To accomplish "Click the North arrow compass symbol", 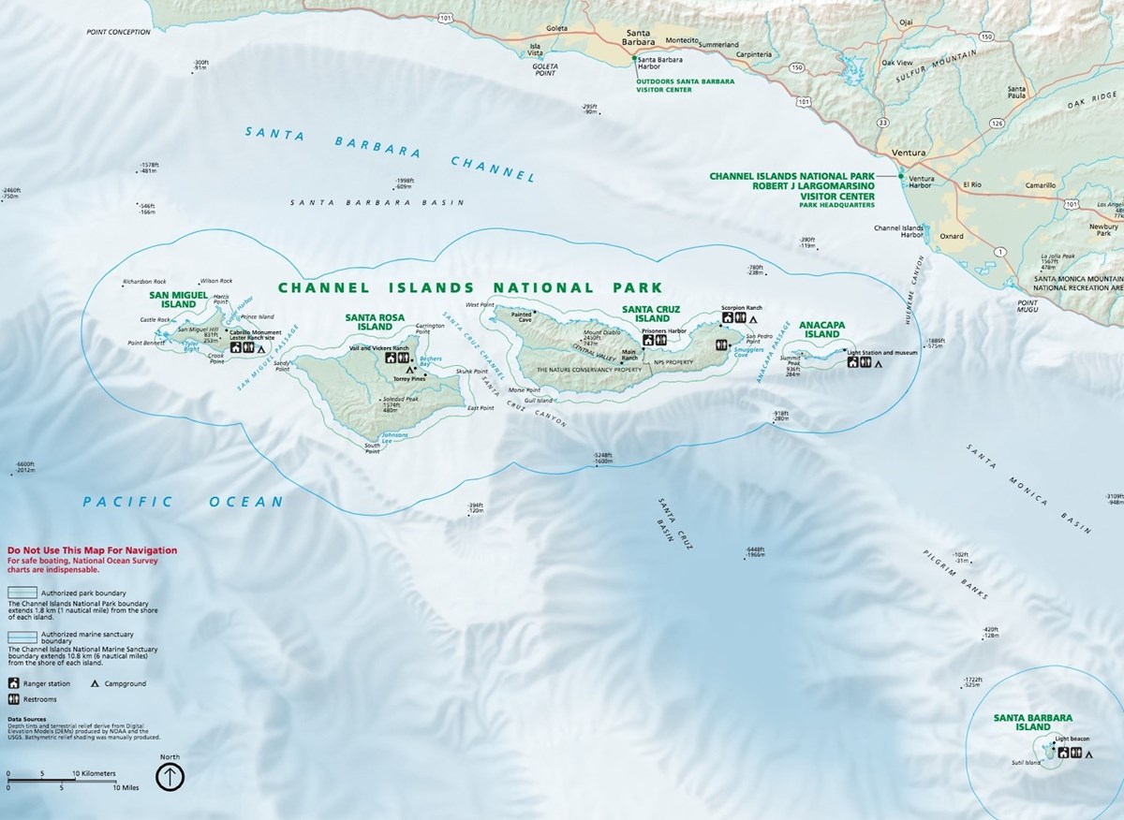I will click(x=170, y=776).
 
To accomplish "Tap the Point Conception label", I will click(x=118, y=32).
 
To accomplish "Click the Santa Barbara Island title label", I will click(x=1032, y=722).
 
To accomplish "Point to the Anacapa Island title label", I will click(x=822, y=329).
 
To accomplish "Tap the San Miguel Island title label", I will click(x=172, y=299).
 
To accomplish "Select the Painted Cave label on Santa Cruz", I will click(x=522, y=317).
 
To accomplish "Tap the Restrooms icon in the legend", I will click(x=15, y=699).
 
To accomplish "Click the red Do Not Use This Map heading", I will click(x=91, y=551).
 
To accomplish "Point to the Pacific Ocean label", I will click(x=183, y=502).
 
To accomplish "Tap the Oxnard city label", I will click(x=952, y=236).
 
